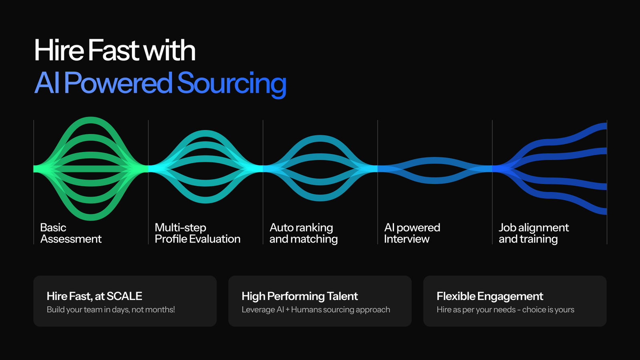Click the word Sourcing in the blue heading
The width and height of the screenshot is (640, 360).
[231, 83]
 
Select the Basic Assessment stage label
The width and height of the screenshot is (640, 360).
[70, 233]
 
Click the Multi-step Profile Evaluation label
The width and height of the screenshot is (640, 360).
[197, 233]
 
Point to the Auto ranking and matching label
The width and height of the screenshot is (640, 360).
[303, 233]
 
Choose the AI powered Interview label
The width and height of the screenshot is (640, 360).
[412, 233]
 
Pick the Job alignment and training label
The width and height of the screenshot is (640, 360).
[533, 233]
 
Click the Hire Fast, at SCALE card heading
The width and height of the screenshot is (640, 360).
[94, 296]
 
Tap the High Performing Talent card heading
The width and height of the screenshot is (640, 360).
[300, 296]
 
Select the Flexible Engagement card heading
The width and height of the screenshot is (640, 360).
[490, 296]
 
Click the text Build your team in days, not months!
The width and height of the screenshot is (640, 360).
[111, 310]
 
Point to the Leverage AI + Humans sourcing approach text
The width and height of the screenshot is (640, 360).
[316, 310]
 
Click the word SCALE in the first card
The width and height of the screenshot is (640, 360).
[124, 296]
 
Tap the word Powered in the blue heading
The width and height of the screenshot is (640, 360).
[118, 83]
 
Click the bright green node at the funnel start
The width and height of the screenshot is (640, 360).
[38, 169]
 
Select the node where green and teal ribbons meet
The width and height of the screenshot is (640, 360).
[148, 169]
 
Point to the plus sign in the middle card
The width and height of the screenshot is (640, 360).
[287, 310]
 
